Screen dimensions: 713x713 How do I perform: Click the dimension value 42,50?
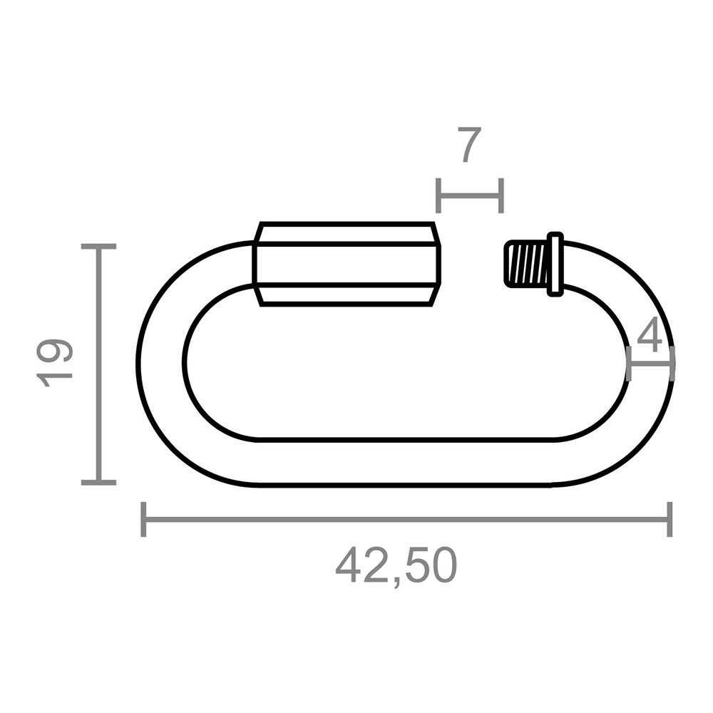[x=396, y=566]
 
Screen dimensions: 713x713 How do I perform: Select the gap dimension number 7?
[x=469, y=146]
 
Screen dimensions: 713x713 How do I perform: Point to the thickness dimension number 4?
[x=649, y=337]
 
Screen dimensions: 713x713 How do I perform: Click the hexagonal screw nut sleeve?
[x=347, y=264]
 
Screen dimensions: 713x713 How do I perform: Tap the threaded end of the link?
[x=525, y=264]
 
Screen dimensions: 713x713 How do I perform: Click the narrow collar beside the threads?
[x=555, y=264]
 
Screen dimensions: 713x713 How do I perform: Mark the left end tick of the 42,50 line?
[x=144, y=519]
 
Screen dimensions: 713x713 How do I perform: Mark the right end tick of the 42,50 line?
[x=669, y=519]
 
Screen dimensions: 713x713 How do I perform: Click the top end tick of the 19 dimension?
[x=98, y=246]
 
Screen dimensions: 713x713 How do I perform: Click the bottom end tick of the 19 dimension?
[x=98, y=483]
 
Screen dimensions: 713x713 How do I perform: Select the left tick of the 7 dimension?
[x=438, y=195]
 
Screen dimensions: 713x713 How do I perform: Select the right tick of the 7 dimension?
[x=501, y=195]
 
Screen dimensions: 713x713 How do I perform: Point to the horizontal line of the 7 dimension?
[x=469, y=195]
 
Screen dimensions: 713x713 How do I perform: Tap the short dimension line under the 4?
[x=650, y=363]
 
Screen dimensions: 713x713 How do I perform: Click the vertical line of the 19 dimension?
[x=98, y=364]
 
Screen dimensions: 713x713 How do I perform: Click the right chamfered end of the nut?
[x=436, y=264]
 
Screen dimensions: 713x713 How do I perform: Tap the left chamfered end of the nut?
[x=259, y=264]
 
